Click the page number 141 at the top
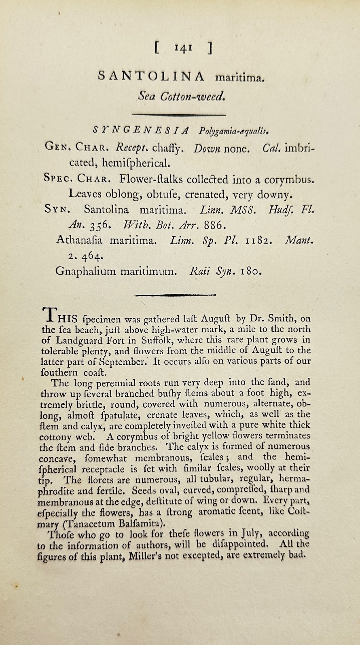pos(183,48)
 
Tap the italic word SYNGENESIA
pos(140,130)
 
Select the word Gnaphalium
pos(86,271)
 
